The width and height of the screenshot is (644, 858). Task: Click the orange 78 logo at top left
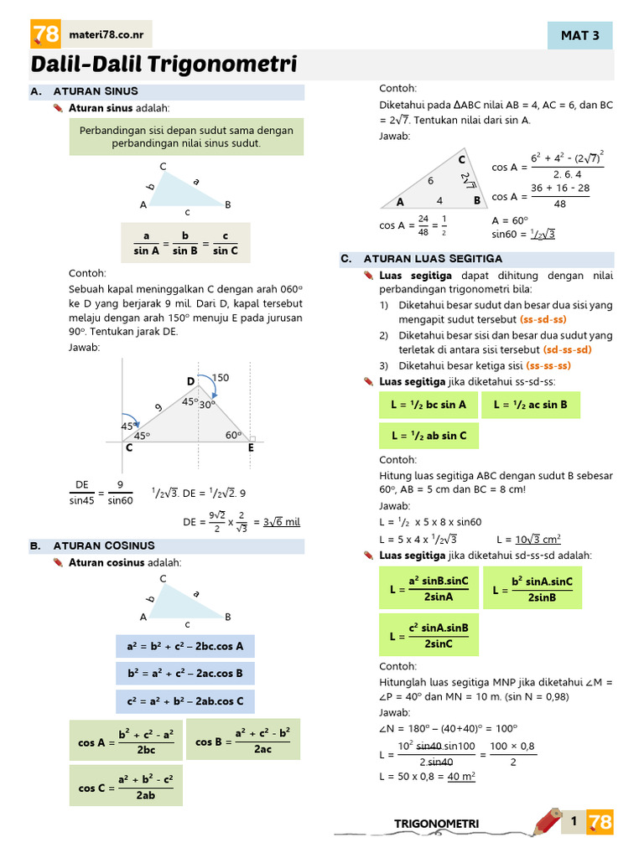pyautogui.click(x=45, y=34)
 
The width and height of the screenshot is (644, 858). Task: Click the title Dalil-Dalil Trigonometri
pyautogui.click(x=164, y=65)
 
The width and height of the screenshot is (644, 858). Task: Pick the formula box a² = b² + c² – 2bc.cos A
pyautogui.click(x=185, y=646)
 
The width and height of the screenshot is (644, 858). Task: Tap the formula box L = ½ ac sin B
pyautogui.click(x=530, y=405)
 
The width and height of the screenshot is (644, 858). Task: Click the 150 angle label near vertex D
pyautogui.click(x=221, y=378)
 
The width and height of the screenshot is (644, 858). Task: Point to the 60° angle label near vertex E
pyautogui.click(x=233, y=435)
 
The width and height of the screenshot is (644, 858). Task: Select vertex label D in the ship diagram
pyautogui.click(x=190, y=383)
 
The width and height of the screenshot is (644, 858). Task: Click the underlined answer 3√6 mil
pyautogui.click(x=282, y=521)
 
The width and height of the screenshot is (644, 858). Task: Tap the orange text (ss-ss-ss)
pyautogui.click(x=548, y=365)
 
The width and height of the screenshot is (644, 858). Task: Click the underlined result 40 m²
pyautogui.click(x=461, y=777)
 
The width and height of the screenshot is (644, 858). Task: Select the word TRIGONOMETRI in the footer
pyautogui.click(x=436, y=824)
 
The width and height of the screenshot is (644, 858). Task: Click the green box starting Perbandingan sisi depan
pyautogui.click(x=186, y=137)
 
